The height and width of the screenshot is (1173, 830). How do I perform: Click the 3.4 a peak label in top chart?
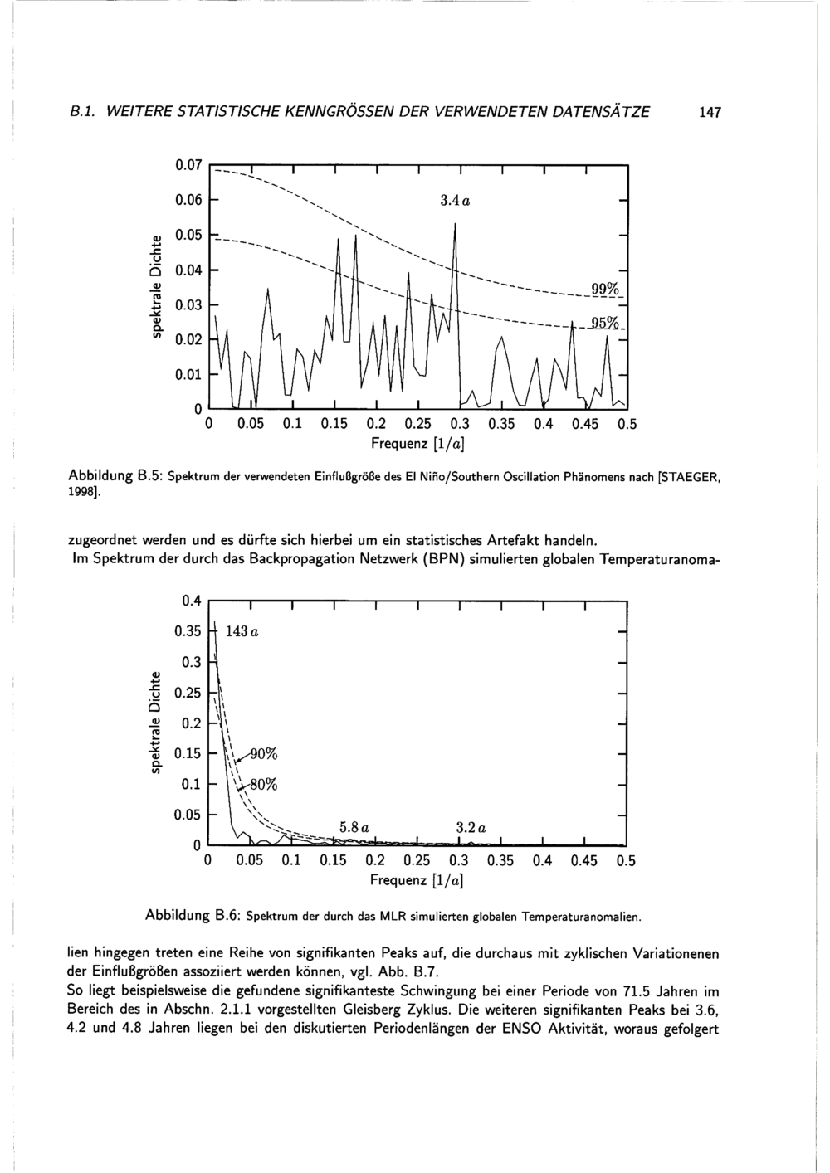click(x=456, y=201)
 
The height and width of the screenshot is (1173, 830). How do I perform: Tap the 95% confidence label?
click(x=607, y=323)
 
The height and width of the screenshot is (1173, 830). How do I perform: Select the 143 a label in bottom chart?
click(x=242, y=632)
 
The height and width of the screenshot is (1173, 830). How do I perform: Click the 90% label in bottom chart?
click(x=264, y=753)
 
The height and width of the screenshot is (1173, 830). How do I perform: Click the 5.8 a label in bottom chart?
click(x=354, y=826)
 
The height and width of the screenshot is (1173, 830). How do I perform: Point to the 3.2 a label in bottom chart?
click(x=471, y=827)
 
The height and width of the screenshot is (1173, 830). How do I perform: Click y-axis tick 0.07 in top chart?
click(x=189, y=165)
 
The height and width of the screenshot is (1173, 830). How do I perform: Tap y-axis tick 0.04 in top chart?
click(x=189, y=270)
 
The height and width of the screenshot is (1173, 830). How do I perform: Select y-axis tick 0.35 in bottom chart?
click(x=188, y=631)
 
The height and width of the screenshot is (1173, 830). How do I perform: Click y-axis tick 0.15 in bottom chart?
click(x=188, y=753)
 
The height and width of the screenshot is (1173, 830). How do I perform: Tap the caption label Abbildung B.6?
click(x=193, y=916)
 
